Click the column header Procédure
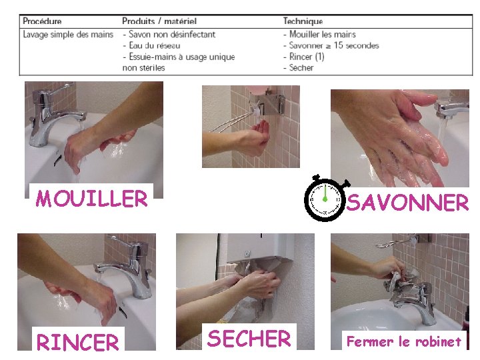42,21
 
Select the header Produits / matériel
159,21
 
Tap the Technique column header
303,21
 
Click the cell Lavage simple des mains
68,34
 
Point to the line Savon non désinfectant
169,34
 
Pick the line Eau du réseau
151,45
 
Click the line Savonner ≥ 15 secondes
331,45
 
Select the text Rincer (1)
304,57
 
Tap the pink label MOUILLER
91,199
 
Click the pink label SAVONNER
407,202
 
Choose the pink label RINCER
77,341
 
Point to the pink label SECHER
249,338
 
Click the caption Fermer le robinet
404,341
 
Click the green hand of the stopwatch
325,193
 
